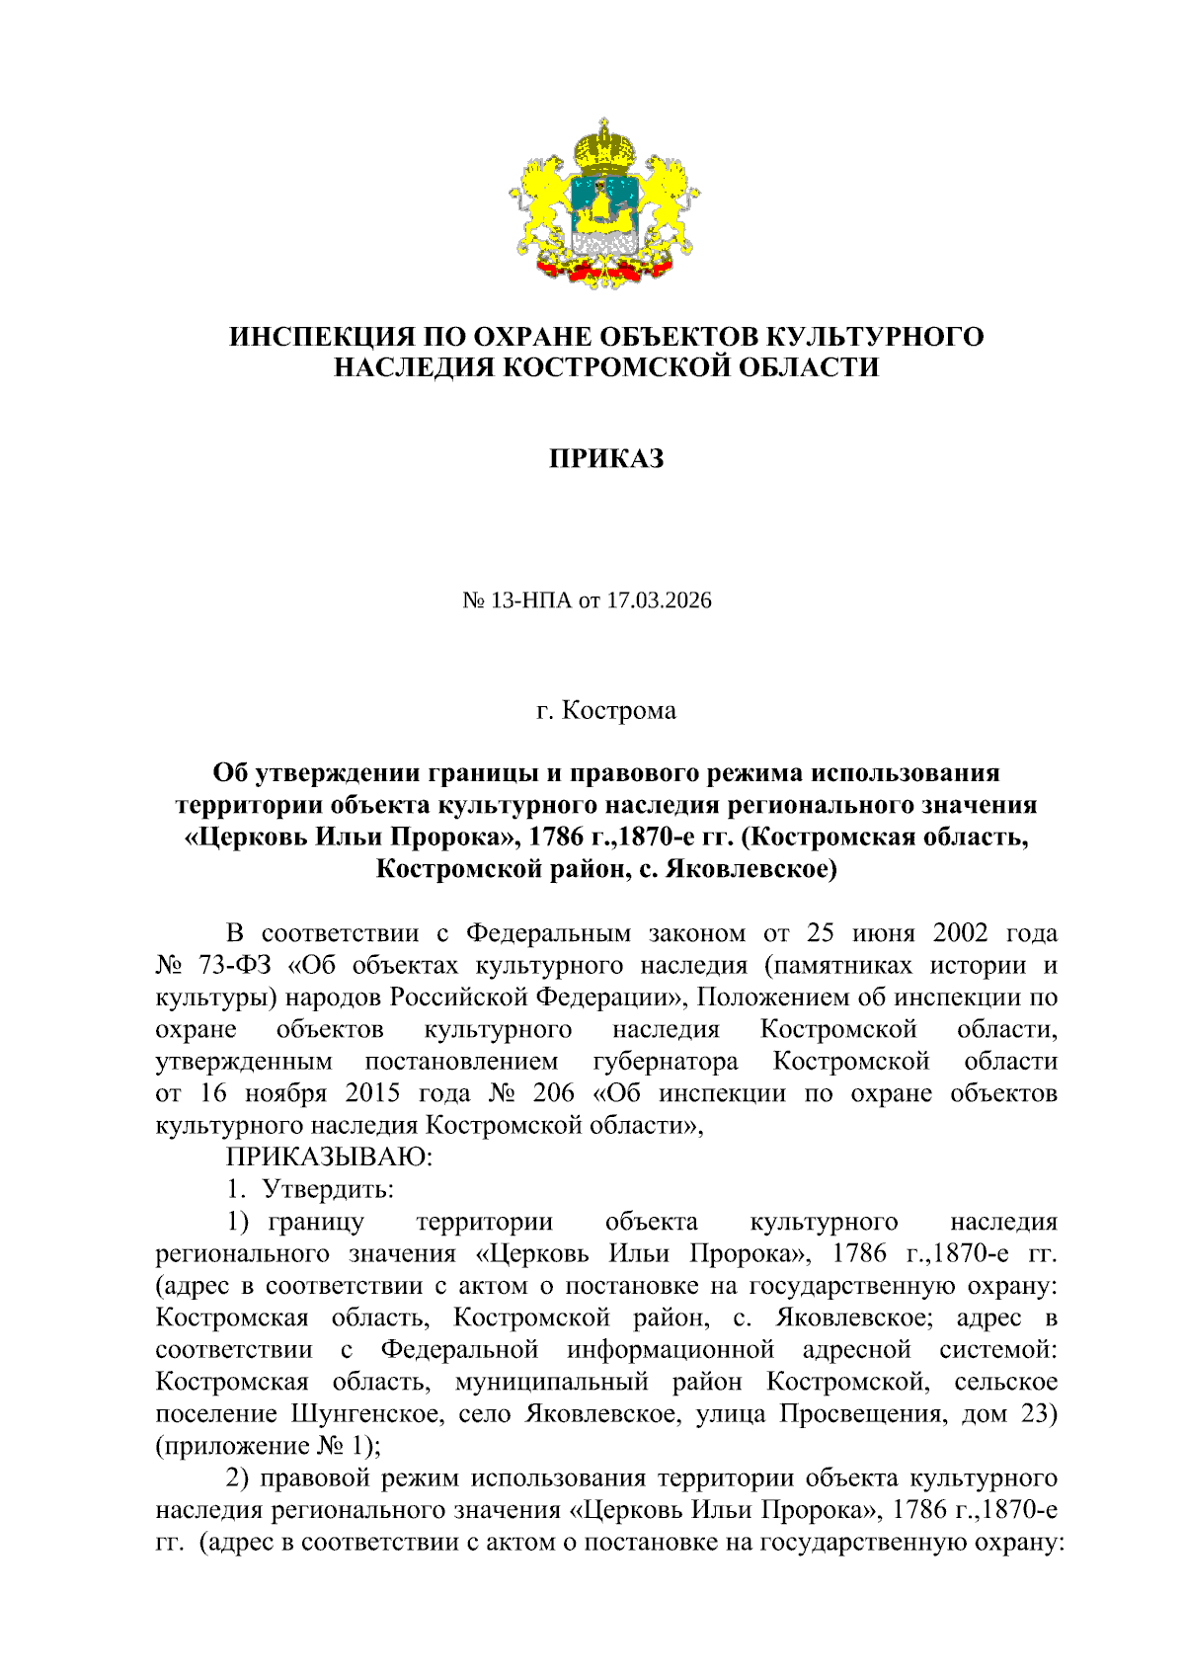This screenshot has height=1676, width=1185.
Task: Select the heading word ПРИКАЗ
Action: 606,459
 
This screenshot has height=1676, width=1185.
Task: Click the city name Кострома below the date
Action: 619,711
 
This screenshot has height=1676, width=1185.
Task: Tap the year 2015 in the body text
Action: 372,1093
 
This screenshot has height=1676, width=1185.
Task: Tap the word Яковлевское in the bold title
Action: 750,869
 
